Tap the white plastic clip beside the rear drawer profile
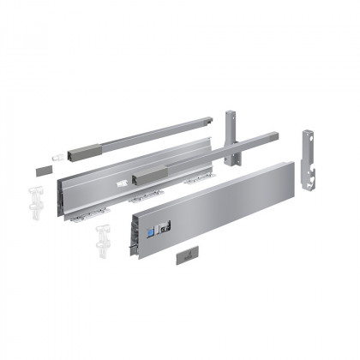(x=35, y=194)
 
